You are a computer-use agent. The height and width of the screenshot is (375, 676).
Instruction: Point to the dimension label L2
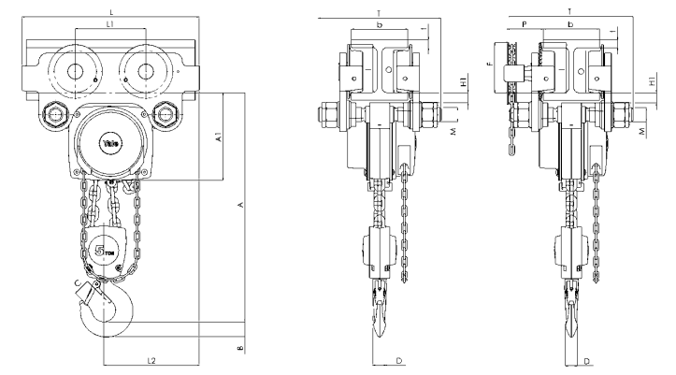(x=151, y=358)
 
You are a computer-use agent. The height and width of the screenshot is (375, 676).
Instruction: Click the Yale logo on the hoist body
(x=110, y=141)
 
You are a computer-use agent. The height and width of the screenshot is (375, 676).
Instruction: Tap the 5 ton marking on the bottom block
(x=105, y=251)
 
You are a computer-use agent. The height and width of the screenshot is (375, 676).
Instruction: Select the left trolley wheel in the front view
(x=71, y=68)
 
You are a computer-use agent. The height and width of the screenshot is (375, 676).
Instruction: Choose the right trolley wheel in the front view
(x=148, y=68)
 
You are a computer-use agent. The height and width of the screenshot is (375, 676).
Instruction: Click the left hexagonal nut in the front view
(x=54, y=116)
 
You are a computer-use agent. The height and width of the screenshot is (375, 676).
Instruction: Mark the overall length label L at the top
(x=110, y=7)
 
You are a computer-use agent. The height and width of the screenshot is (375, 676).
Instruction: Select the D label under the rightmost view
(x=586, y=359)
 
